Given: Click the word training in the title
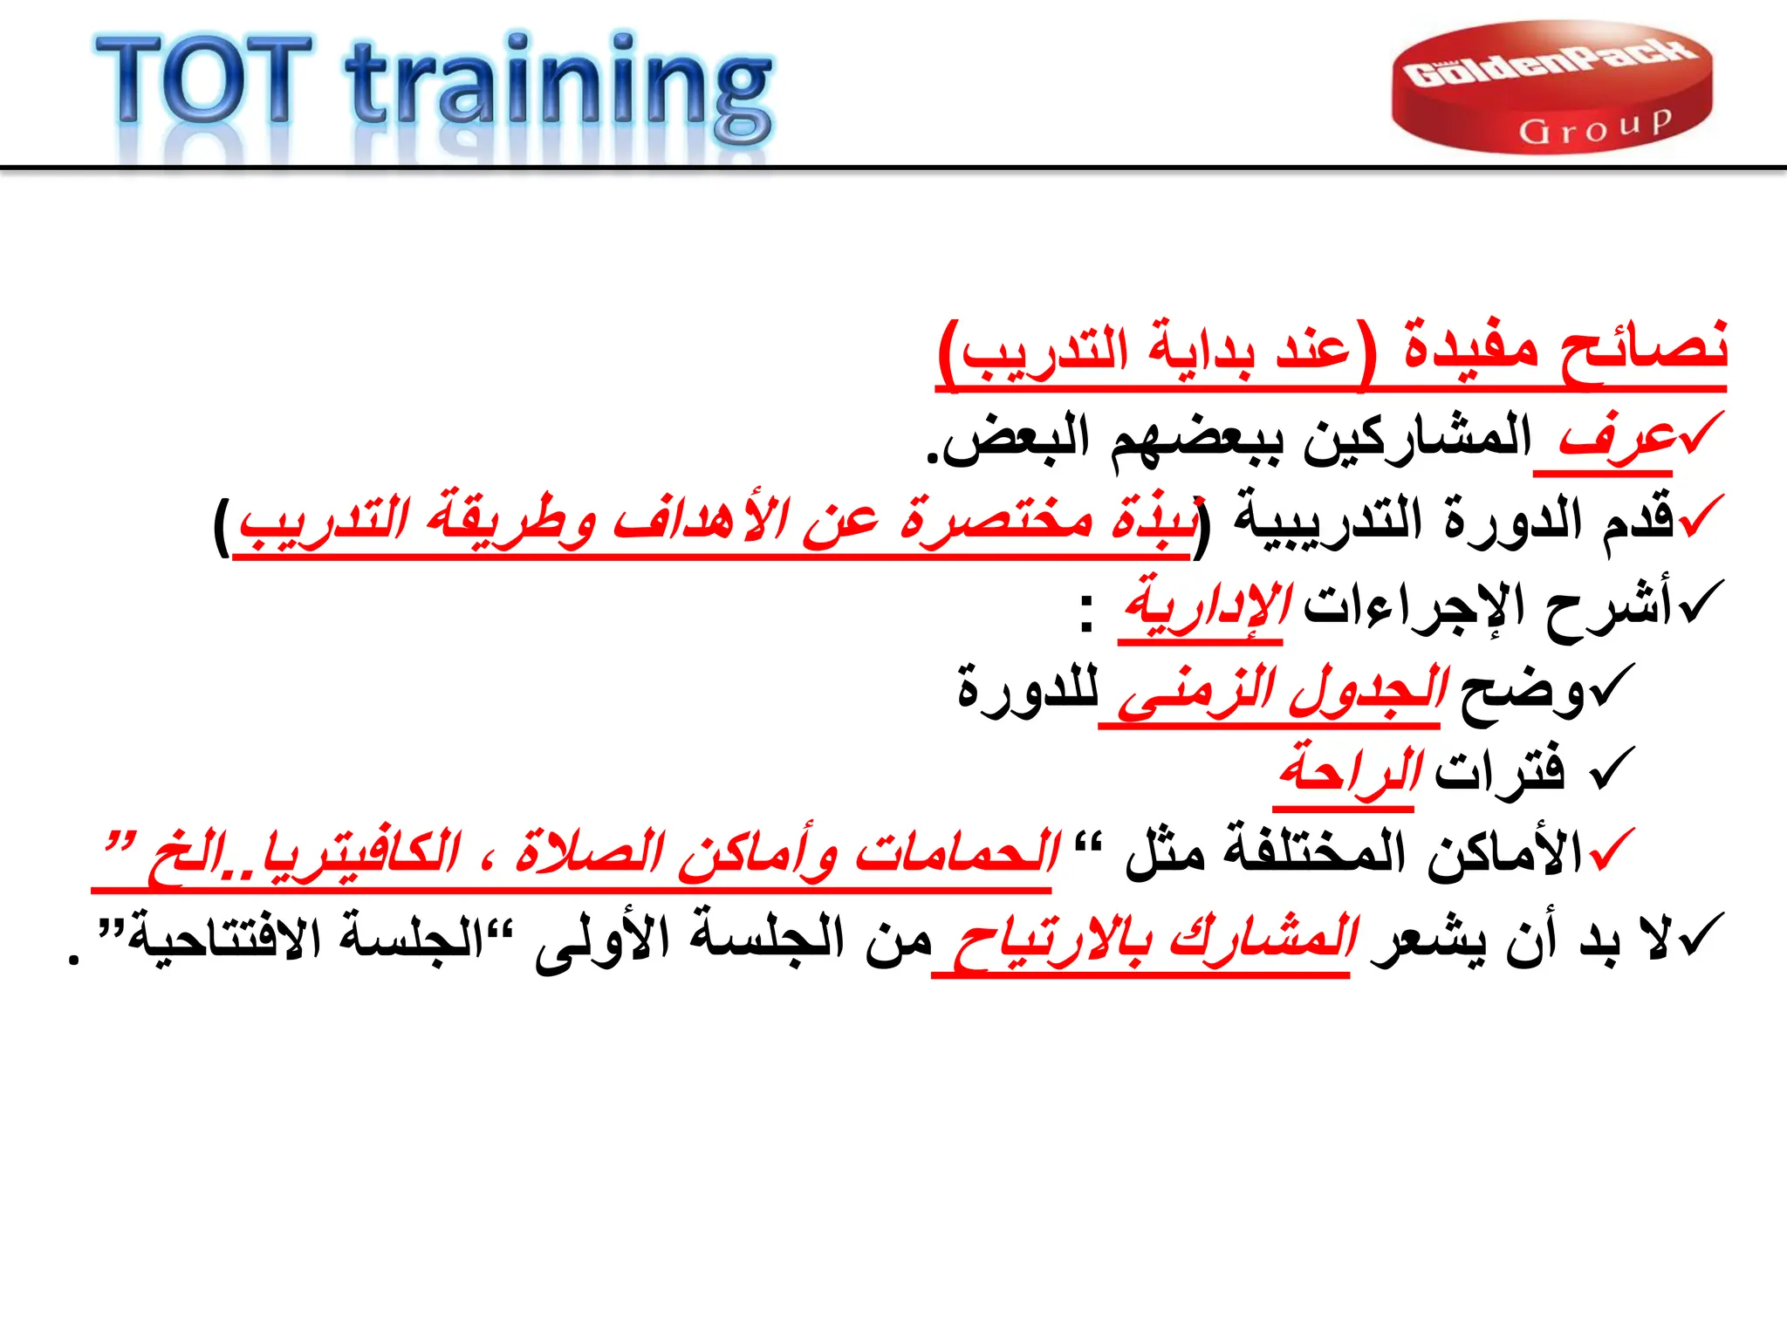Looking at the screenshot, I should pyautogui.click(x=558, y=87).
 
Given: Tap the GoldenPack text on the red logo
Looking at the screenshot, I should pyautogui.click(x=1551, y=66).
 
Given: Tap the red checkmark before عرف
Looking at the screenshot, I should pyautogui.click(x=1701, y=432).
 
